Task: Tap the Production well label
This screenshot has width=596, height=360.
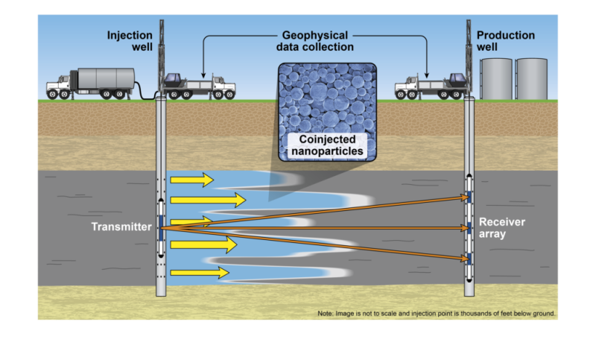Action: [x=506, y=41]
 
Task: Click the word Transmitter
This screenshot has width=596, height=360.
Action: [x=121, y=227]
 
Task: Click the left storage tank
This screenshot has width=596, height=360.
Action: [x=496, y=79]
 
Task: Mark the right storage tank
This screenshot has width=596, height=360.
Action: [x=532, y=79]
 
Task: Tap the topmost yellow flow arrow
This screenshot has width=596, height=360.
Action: [x=192, y=180]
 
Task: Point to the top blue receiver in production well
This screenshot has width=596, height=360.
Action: [x=469, y=197]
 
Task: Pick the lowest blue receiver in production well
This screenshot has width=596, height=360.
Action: [x=469, y=259]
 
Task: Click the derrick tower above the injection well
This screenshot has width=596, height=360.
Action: [x=162, y=52]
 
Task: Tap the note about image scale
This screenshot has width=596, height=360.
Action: [x=436, y=313]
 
